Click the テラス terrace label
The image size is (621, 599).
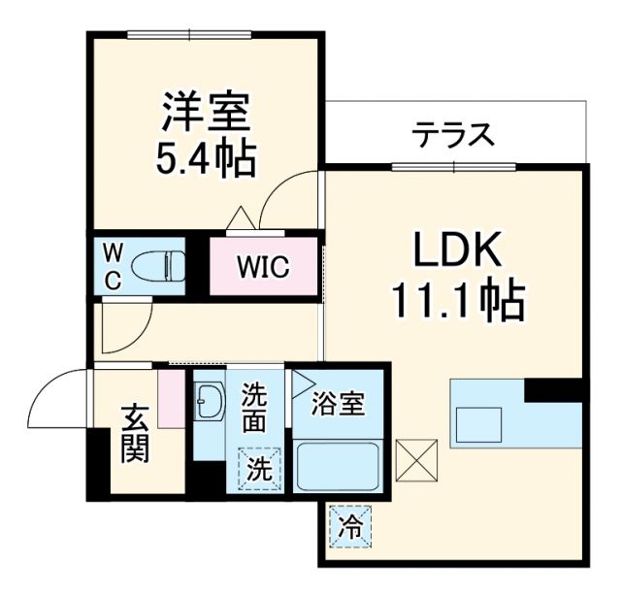pyautogui.click(x=453, y=135)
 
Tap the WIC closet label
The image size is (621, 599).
pyautogui.click(x=264, y=266)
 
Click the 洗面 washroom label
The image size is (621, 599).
pyautogui.click(x=254, y=409)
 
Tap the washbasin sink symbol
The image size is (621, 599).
pyautogui.click(x=209, y=401)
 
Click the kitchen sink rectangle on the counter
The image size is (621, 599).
pyautogui.click(x=480, y=425)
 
